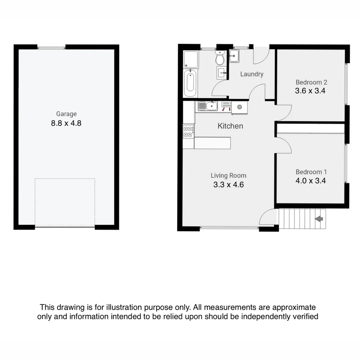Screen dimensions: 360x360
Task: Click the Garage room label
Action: click(66, 114)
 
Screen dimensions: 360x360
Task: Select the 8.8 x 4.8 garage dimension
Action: click(66, 123)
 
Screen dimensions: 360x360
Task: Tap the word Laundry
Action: click(252, 74)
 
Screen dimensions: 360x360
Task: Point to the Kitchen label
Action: click(230, 126)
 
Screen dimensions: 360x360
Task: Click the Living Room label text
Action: click(228, 176)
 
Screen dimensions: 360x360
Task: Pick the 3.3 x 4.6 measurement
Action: click(228, 185)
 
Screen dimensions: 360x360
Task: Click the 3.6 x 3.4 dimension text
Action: click(310, 91)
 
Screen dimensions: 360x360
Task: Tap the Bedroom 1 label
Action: click(311, 172)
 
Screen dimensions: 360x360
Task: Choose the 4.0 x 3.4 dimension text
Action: click(311, 181)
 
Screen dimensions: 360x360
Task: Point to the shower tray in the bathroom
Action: click(191, 59)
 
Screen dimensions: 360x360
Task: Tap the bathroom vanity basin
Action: click(221, 72)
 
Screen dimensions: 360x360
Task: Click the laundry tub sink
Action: click(234, 56)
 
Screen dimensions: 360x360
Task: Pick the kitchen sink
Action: click(208, 106)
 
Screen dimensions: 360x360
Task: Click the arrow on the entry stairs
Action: click(319, 219)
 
